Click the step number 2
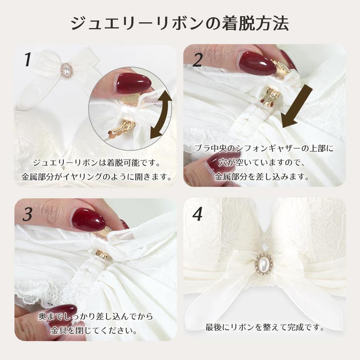click(197, 60)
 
